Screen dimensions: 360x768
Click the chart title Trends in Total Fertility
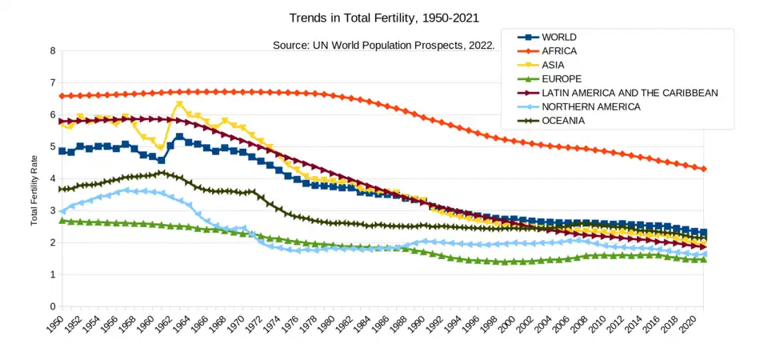point(383,17)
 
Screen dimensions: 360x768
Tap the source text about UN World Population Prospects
point(383,45)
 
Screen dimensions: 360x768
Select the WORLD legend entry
point(558,38)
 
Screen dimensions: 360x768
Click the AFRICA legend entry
point(559,51)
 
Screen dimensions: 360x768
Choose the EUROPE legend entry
point(562,79)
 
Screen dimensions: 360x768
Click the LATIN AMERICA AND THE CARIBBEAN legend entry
point(630,93)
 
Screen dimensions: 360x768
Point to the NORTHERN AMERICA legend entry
point(590,106)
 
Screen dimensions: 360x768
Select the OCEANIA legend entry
point(564,121)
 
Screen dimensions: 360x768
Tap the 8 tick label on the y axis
point(52,50)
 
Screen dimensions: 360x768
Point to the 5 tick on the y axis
point(52,146)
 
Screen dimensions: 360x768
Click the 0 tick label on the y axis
point(52,306)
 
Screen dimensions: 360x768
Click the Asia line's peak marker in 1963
point(179,104)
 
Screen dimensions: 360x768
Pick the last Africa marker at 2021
point(704,169)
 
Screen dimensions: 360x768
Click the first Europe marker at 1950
point(62,221)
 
